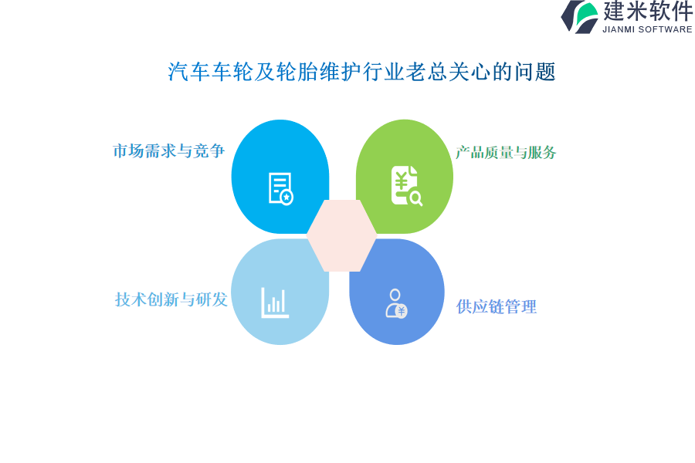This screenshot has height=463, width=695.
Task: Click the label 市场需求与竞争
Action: coord(169,151)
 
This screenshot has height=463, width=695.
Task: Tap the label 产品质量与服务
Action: coord(506,153)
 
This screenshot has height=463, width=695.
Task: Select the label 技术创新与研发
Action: coord(171,299)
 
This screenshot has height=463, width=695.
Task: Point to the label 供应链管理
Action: coord(497,306)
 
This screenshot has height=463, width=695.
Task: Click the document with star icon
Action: coord(281,188)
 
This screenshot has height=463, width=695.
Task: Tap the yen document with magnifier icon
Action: coord(406,186)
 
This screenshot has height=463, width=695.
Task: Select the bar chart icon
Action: coord(275,302)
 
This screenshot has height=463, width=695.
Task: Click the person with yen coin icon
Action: coord(396,303)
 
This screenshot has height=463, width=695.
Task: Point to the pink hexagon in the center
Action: coord(342,235)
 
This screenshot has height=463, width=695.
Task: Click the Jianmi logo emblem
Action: coord(580,17)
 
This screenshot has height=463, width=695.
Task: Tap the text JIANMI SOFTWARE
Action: coord(647,29)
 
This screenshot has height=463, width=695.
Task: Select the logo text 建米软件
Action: coord(648,11)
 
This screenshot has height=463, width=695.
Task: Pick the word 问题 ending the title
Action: coord(535,72)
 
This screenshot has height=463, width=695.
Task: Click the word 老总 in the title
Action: coord(427,72)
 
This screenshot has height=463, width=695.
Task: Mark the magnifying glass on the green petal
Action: coord(416,199)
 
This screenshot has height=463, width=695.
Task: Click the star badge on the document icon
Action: coord(286,198)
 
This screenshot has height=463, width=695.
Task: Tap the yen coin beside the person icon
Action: coord(402,311)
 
